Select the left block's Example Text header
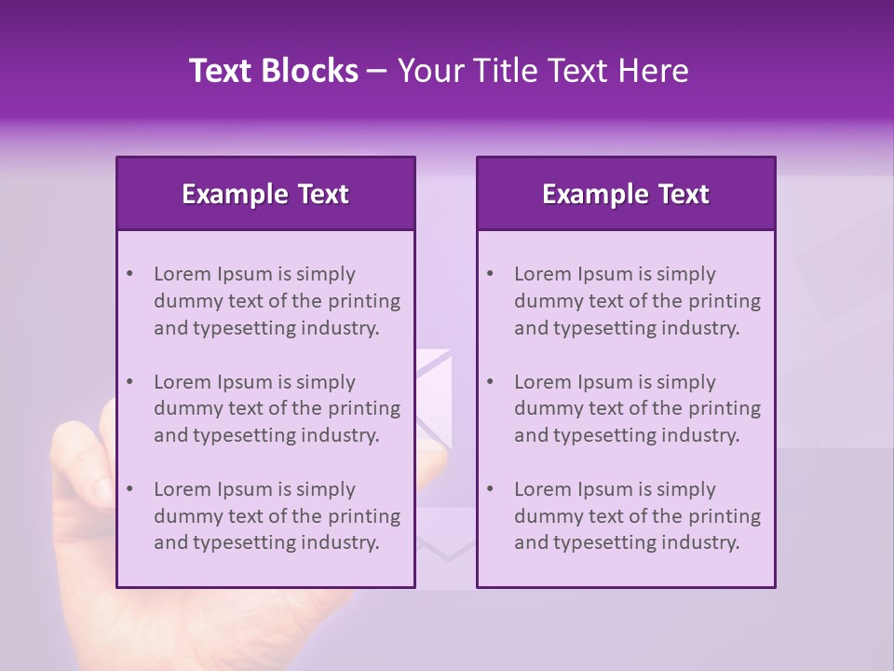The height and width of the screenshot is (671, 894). point(265,194)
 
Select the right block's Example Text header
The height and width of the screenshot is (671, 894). point(626,194)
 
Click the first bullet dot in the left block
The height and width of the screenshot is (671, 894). point(129,274)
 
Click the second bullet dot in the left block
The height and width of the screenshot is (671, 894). point(129,382)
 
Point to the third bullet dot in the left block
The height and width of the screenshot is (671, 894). point(129,489)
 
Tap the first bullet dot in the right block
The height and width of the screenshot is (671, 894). point(490,274)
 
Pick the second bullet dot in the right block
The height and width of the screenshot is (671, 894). point(490,382)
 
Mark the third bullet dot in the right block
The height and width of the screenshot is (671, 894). point(490,489)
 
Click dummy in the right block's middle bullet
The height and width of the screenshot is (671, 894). point(548,408)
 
